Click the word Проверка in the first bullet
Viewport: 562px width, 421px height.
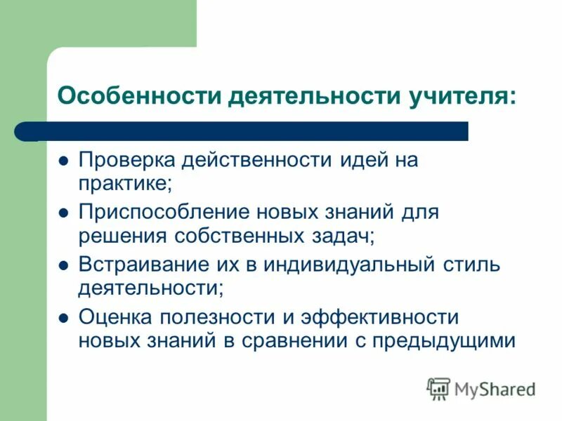(126, 160)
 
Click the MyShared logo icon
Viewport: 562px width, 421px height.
(438, 388)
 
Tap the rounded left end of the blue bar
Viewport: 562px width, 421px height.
(22, 131)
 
